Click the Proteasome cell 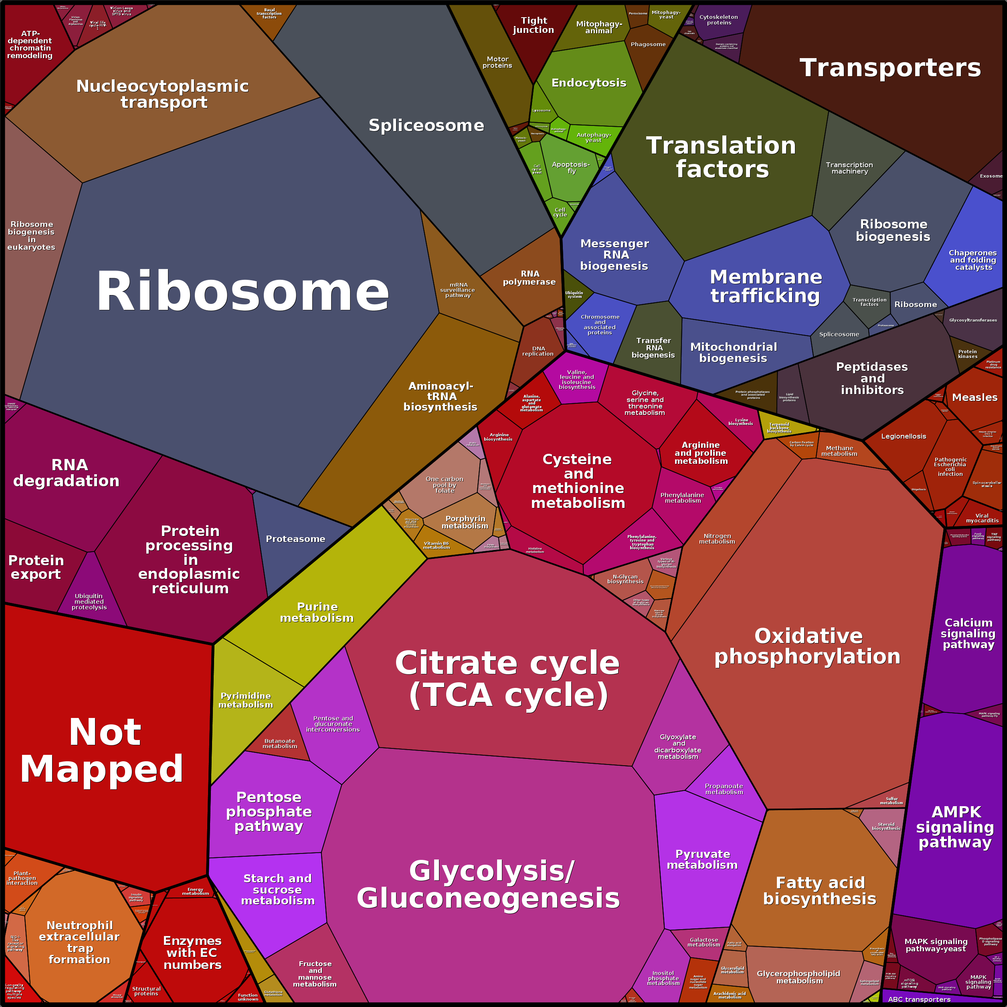(295, 539)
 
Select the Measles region (974, 397)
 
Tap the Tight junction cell (533, 25)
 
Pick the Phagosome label (648, 44)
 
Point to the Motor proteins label (497, 63)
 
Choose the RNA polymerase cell (529, 278)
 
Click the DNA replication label (538, 351)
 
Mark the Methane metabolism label (839, 451)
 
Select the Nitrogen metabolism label (717, 538)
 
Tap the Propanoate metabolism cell (724, 789)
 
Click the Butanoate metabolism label (279, 743)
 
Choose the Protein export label (36, 567)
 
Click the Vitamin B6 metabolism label (436, 545)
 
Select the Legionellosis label (903, 436)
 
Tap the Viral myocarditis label (982, 518)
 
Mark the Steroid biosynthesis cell (886, 826)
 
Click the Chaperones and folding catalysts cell (973, 260)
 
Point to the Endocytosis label (588, 83)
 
